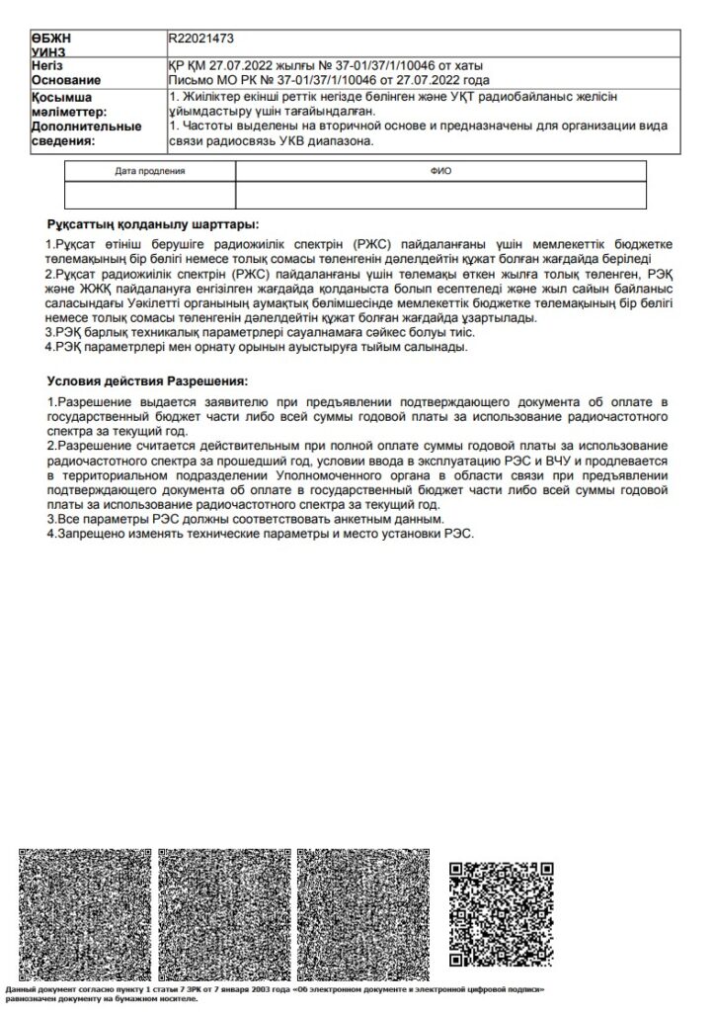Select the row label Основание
(66, 80)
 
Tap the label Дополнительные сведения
(86, 134)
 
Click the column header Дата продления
(150, 171)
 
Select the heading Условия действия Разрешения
(147, 379)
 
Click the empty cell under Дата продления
(150, 195)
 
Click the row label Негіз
(47, 65)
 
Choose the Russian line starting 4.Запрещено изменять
(262, 533)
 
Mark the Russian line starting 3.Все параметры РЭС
(246, 519)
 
